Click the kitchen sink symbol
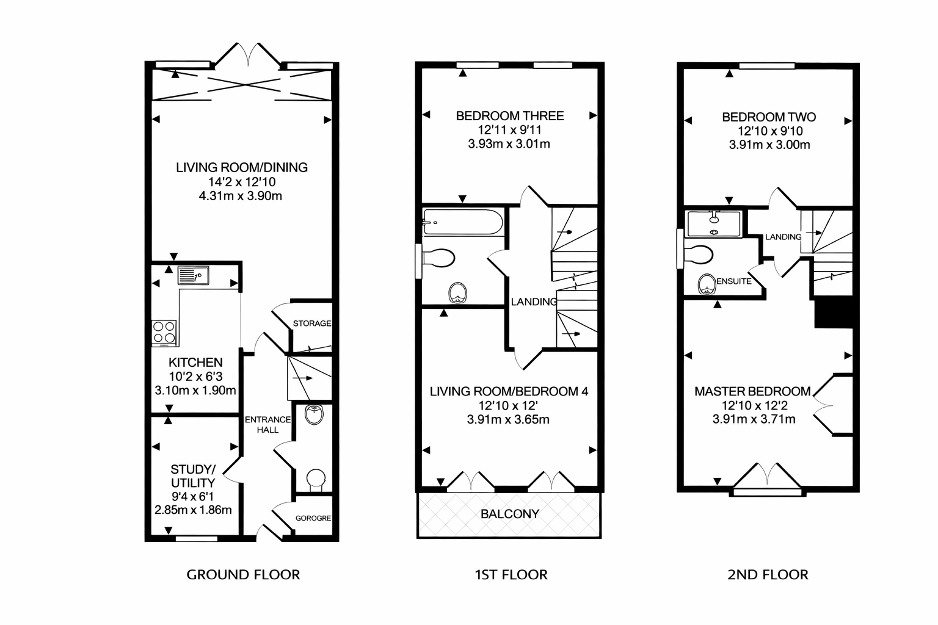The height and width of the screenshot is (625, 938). [193, 275]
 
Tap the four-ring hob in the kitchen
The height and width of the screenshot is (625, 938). [164, 332]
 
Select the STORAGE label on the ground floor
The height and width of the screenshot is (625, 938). [312, 323]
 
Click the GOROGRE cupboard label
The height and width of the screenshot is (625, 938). [313, 518]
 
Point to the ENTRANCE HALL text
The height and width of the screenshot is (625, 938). [267, 424]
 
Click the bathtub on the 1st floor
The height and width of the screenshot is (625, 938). [463, 222]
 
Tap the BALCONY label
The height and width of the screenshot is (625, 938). [510, 514]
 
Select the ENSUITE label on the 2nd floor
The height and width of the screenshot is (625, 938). [733, 281]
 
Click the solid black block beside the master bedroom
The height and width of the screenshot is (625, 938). [834, 312]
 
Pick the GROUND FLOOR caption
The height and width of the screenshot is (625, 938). [243, 575]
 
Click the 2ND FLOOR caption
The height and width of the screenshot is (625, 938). [768, 575]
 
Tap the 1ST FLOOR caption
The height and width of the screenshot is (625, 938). [511, 575]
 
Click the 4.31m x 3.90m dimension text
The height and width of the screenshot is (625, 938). [241, 196]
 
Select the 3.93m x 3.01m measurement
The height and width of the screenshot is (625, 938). [509, 144]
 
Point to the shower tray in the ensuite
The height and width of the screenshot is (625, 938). [714, 225]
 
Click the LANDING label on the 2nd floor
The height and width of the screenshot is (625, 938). [783, 237]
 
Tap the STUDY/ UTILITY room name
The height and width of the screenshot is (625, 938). [193, 476]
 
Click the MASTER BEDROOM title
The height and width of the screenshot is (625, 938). [752, 391]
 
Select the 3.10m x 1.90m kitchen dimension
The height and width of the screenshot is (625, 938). [195, 391]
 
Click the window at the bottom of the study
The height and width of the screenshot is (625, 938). [197, 539]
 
